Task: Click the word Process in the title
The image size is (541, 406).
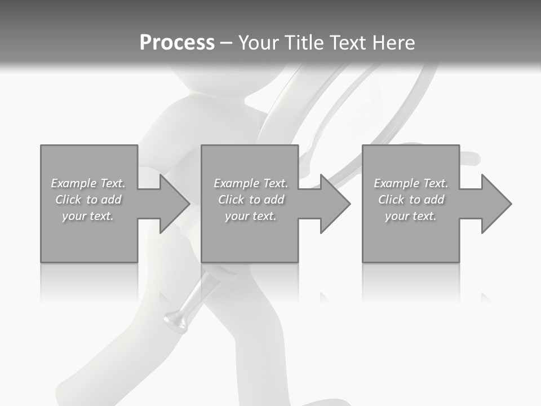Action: click(177, 43)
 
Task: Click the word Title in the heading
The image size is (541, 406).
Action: click(305, 43)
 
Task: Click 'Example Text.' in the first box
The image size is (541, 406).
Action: click(88, 183)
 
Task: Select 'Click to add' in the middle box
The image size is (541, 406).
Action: click(251, 200)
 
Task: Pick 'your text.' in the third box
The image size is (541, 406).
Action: click(411, 216)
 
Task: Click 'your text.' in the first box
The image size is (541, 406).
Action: click(88, 216)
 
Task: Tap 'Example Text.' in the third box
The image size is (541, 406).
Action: click(411, 183)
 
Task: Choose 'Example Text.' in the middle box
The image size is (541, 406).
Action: click(251, 183)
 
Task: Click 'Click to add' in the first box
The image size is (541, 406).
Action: click(88, 200)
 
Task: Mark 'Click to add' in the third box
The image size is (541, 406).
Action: click(411, 200)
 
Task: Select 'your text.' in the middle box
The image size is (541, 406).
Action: click(251, 216)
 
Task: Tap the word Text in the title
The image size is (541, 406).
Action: click(348, 43)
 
